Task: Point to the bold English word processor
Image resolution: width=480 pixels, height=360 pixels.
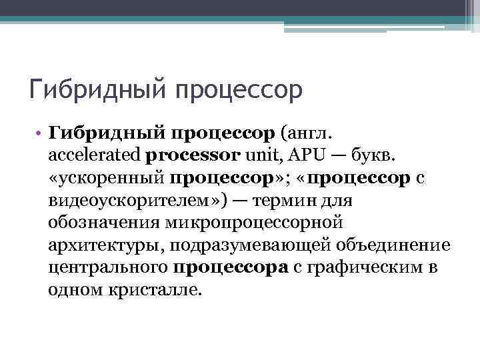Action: pos(193,156)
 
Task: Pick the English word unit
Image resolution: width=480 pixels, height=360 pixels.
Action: pos(259,156)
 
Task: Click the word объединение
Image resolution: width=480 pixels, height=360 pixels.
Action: pos(393,246)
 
